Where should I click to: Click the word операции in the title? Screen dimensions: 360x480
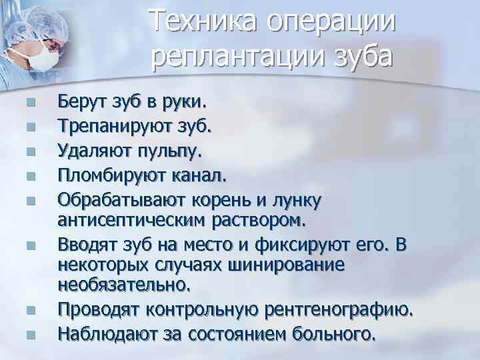[331, 21]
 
